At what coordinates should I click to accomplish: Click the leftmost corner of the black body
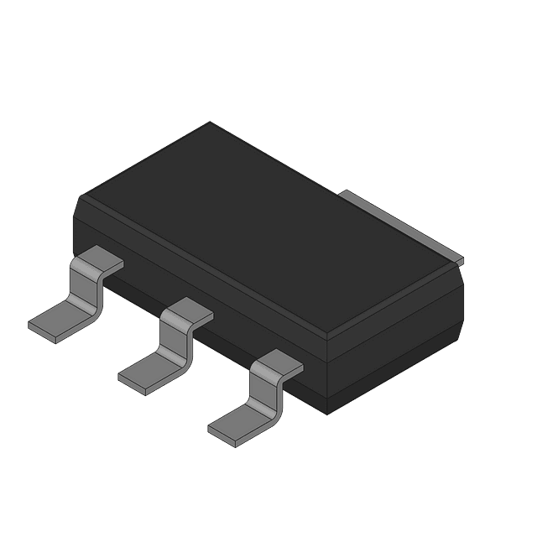(75, 201)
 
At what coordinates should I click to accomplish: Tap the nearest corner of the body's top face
(328, 338)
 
